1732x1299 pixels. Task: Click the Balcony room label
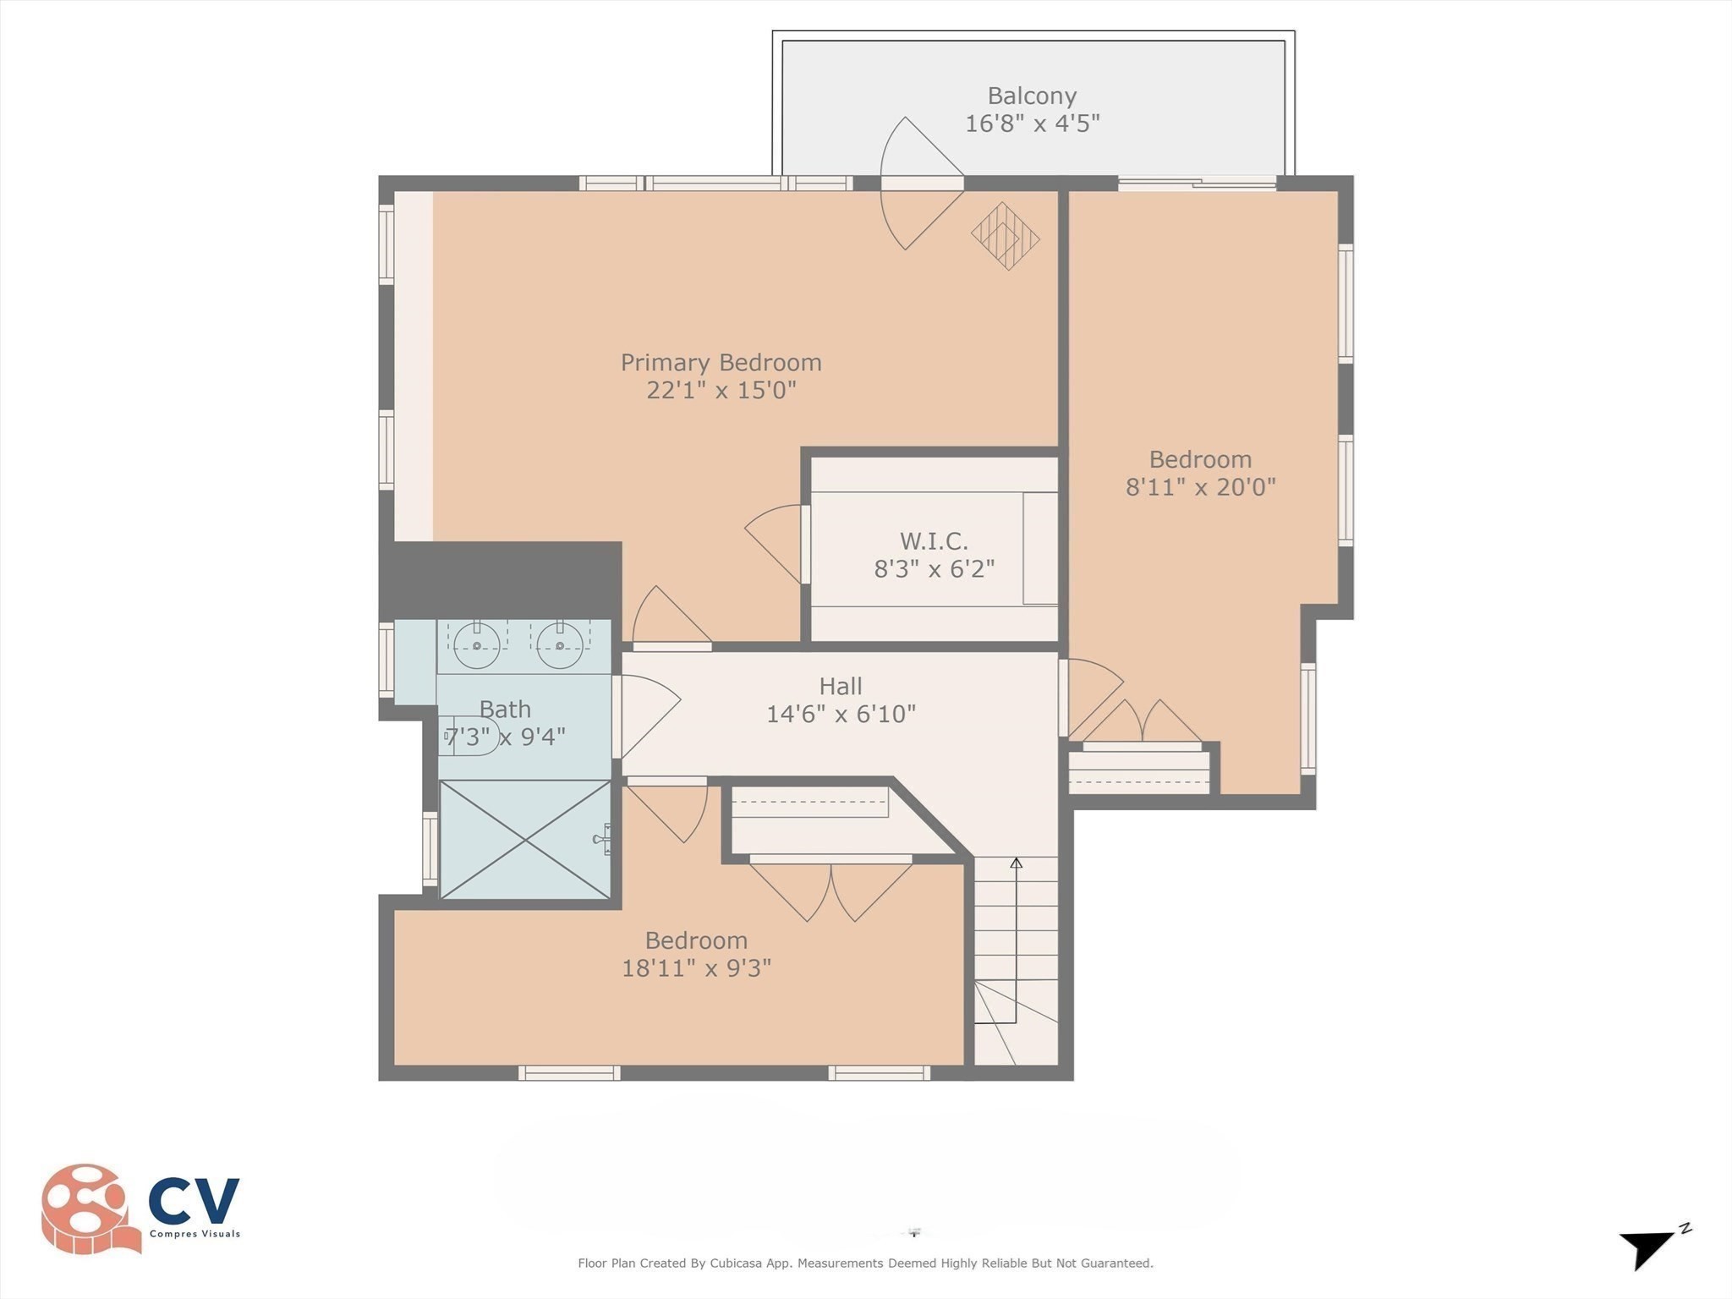pyautogui.click(x=1032, y=96)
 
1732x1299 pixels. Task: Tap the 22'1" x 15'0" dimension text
pyautogui.click(x=721, y=390)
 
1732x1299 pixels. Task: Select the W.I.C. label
pyautogui.click(x=934, y=540)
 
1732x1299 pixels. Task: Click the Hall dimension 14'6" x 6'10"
pyautogui.click(x=841, y=714)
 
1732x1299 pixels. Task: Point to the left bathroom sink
pyautogui.click(x=477, y=645)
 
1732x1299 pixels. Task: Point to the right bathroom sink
pyautogui.click(x=560, y=645)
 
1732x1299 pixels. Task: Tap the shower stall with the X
pyautogui.click(x=525, y=839)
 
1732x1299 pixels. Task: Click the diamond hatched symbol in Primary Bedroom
pyautogui.click(x=1005, y=236)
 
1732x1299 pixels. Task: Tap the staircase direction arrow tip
pyautogui.click(x=1017, y=863)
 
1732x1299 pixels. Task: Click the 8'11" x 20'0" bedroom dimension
pyautogui.click(x=1200, y=487)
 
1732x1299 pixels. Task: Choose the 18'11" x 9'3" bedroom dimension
pyautogui.click(x=696, y=967)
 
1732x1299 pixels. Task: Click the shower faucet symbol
pyautogui.click(x=602, y=839)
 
